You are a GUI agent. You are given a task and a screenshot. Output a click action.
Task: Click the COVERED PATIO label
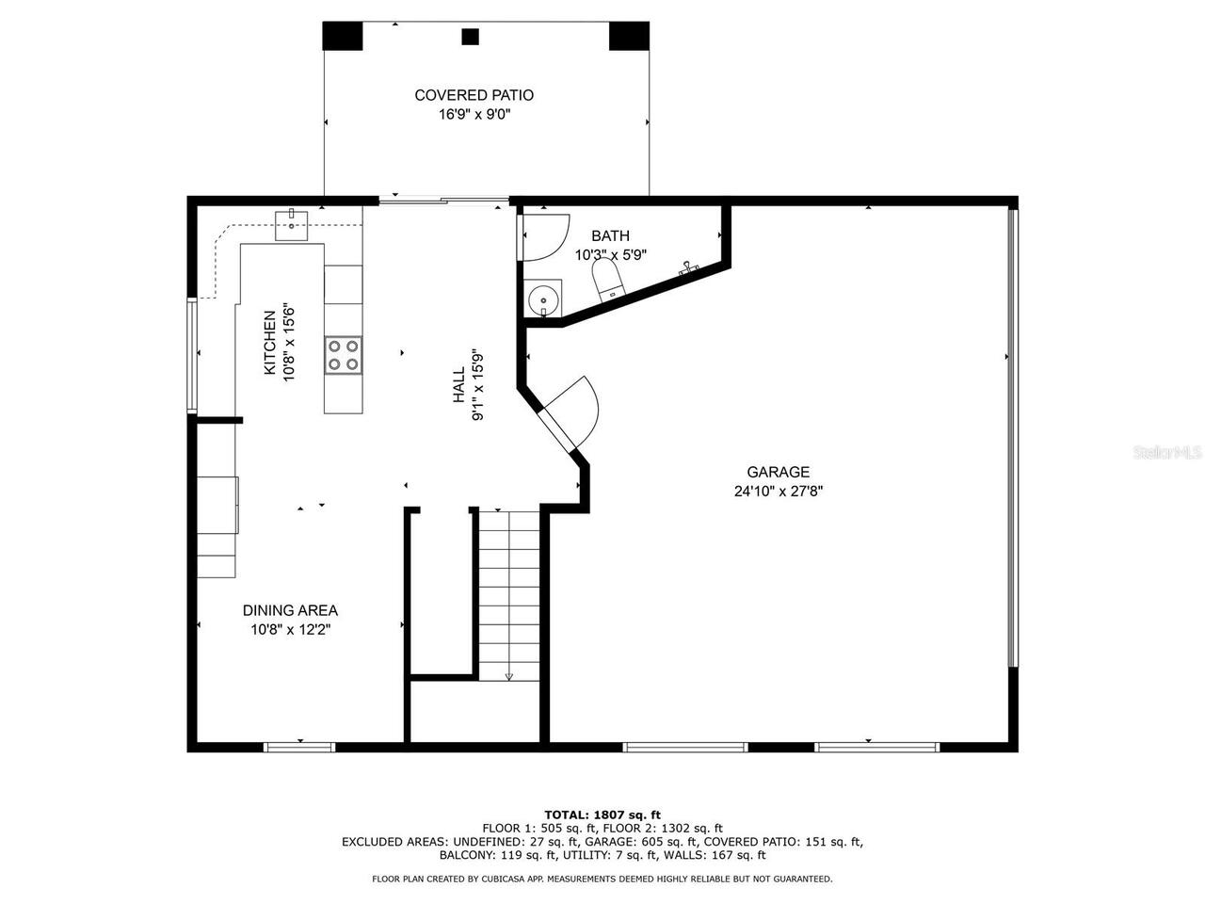pyautogui.click(x=474, y=95)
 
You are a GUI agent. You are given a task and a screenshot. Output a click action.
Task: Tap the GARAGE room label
pyautogui.click(x=778, y=473)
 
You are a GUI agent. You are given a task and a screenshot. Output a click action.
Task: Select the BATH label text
pyautogui.click(x=610, y=235)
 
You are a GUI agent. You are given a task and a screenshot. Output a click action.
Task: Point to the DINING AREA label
pyautogui.click(x=290, y=610)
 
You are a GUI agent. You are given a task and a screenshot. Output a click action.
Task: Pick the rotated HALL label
pyautogui.click(x=458, y=385)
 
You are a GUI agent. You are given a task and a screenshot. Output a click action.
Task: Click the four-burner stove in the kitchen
pyautogui.click(x=344, y=355)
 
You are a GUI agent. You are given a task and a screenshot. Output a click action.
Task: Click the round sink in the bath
pyautogui.click(x=543, y=299)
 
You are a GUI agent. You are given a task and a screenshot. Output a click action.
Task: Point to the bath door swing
pyautogui.click(x=546, y=236)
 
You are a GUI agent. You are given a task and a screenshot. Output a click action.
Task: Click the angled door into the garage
pyautogui.click(x=570, y=414)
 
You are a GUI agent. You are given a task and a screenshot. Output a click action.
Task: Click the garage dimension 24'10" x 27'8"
pyautogui.click(x=778, y=491)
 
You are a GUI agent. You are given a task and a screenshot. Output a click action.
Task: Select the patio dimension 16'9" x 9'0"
pyautogui.click(x=474, y=114)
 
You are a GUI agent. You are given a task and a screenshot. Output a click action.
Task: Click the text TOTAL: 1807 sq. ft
pyautogui.click(x=602, y=815)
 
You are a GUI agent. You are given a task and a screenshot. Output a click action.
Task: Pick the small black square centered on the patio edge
pyautogui.click(x=470, y=37)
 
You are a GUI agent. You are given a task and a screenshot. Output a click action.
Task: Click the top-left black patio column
pyautogui.click(x=343, y=36)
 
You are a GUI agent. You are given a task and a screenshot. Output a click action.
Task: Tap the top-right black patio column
pyautogui.click(x=629, y=36)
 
